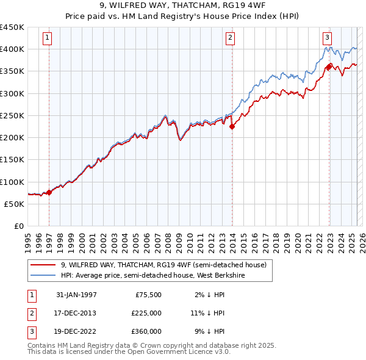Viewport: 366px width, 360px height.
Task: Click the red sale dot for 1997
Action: (x=49, y=192)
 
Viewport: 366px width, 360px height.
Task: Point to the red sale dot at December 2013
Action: (x=232, y=126)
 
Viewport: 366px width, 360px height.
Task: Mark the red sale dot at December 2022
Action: (x=329, y=67)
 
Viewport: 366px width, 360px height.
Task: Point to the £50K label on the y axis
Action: (x=15, y=204)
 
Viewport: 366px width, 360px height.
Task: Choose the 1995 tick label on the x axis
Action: (x=28, y=239)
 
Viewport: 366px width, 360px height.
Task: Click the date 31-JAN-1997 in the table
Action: (x=76, y=295)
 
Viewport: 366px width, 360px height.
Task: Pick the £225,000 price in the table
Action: (x=146, y=313)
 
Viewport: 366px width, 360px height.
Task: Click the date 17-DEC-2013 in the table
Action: (x=76, y=313)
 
